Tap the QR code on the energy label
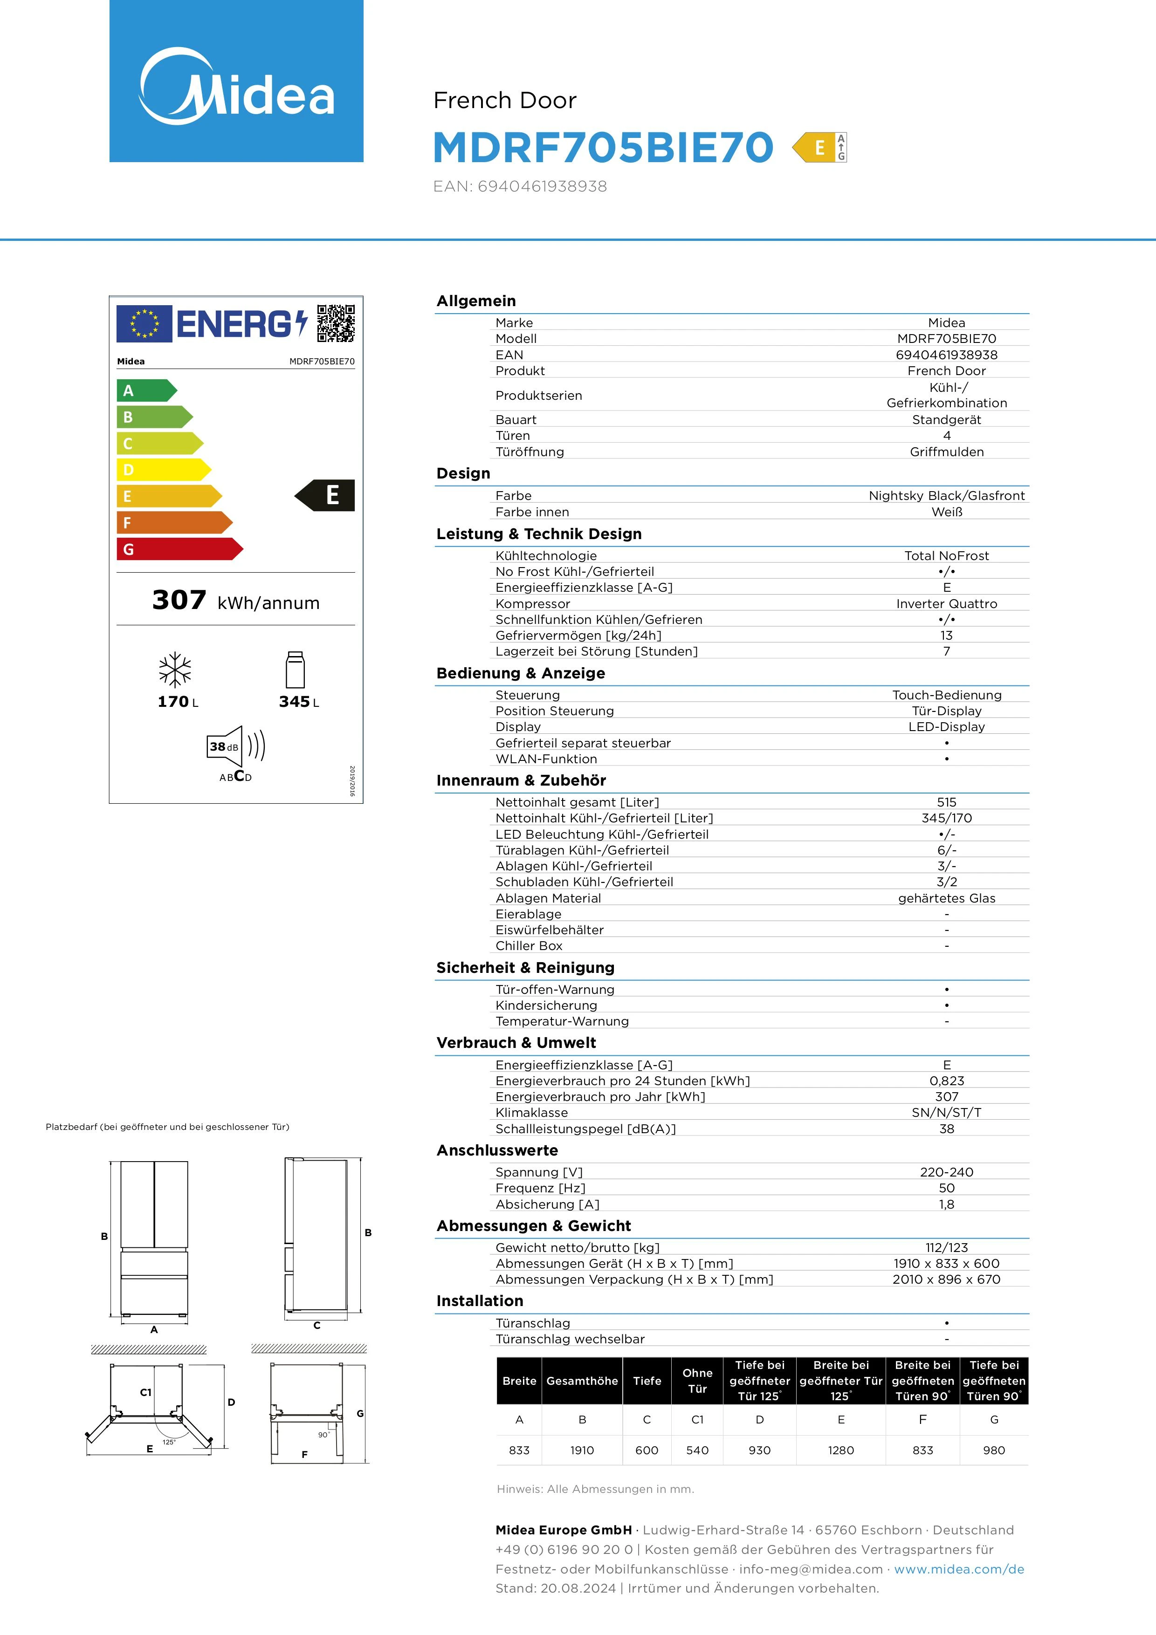pyautogui.click(x=336, y=323)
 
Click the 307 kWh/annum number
pyautogui.click(x=179, y=600)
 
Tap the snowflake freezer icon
pyautogui.click(x=175, y=670)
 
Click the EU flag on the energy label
pyautogui.click(x=144, y=324)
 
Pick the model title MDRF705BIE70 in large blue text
pyautogui.click(x=603, y=147)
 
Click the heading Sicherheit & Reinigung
pyautogui.click(x=525, y=967)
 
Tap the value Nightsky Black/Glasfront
pyautogui.click(x=946, y=496)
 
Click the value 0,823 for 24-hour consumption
pyautogui.click(x=946, y=1080)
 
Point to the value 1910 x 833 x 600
pyautogui.click(x=946, y=1263)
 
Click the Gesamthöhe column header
pyautogui.click(x=582, y=1381)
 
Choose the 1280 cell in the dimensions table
pyautogui.click(x=840, y=1450)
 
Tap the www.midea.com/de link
pyautogui.click(x=959, y=1569)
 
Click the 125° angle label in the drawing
pyautogui.click(x=169, y=1443)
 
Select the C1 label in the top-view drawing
pyautogui.click(x=146, y=1392)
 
